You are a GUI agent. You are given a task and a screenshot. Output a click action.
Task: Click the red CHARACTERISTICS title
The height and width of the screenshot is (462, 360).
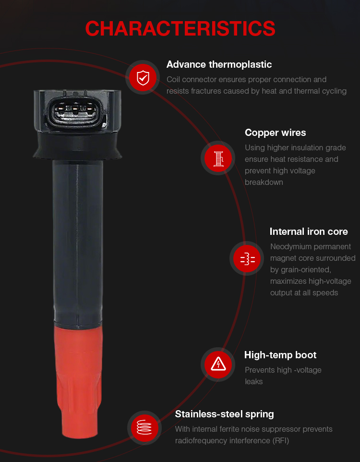pos(180,29)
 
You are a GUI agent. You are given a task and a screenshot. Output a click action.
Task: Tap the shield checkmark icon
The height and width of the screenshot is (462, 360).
pos(143,77)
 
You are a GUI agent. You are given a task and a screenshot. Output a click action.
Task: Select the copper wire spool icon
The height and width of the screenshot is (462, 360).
pos(218,158)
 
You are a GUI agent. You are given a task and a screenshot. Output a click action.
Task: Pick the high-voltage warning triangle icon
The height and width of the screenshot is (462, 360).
pos(218,365)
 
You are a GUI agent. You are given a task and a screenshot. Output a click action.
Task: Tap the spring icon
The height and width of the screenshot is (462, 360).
pos(144,427)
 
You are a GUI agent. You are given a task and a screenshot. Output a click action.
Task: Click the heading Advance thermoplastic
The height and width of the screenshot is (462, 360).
pos(219,64)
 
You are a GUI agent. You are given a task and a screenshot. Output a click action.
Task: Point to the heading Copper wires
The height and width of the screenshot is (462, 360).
pos(275,133)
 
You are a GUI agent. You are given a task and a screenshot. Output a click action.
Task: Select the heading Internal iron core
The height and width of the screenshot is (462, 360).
pos(309,231)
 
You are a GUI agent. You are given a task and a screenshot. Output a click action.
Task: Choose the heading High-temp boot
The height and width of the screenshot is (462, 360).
pos(280,355)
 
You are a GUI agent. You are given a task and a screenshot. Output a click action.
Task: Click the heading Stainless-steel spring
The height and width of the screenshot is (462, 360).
pos(224,414)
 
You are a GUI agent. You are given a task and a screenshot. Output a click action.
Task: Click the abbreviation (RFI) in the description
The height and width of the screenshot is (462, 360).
pos(281,441)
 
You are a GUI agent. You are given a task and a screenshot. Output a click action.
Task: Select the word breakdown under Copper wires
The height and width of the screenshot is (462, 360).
pos(264,182)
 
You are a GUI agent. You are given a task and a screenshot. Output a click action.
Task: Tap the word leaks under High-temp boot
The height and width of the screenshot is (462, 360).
pos(253,382)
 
